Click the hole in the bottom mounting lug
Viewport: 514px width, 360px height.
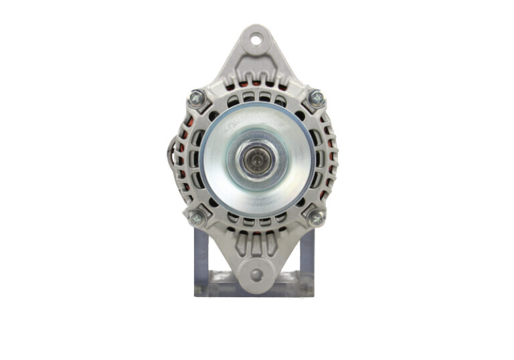[x=256, y=274]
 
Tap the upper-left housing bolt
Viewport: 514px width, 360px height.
[x=196, y=98]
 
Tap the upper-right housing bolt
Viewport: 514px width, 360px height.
[x=317, y=98]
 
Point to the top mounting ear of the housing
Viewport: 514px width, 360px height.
[x=256, y=54]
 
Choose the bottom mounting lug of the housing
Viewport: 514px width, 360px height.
[x=256, y=264]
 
